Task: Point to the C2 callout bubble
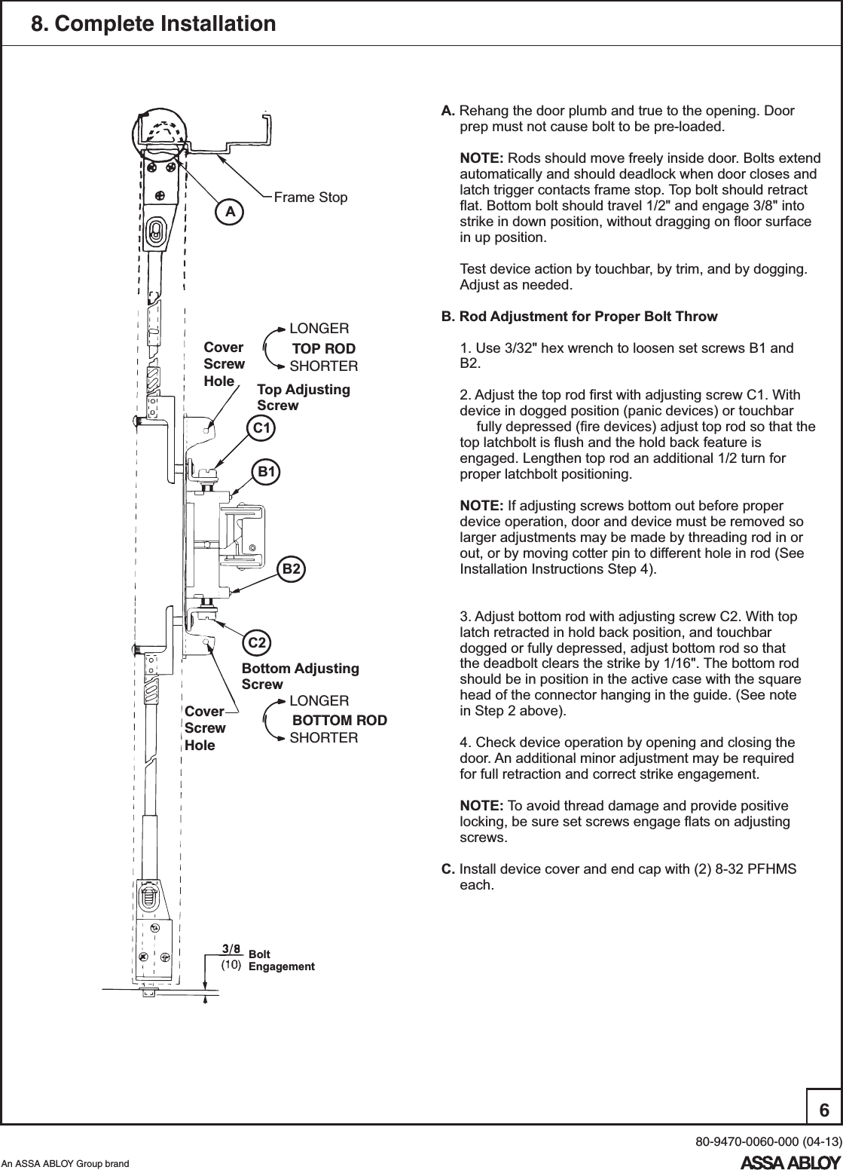point(258,643)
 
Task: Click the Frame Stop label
point(310,198)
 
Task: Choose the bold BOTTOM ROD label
point(339,720)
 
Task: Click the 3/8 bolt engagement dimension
point(231,948)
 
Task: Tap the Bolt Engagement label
point(280,960)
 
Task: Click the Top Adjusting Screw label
point(303,397)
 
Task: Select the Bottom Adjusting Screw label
point(300,676)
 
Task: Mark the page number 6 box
point(823,1110)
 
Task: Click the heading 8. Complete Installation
point(153,24)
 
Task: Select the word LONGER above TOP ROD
point(319,329)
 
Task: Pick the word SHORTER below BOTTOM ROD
point(324,737)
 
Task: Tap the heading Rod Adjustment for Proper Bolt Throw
point(588,317)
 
